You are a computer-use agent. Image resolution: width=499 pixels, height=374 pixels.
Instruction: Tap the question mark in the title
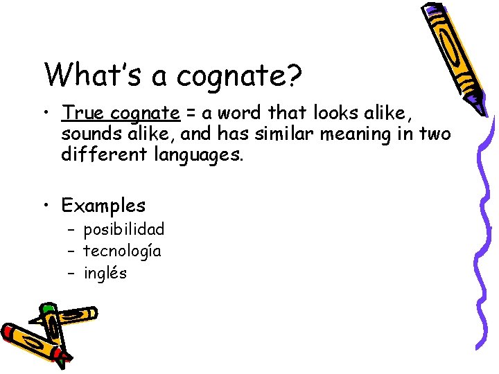click(293, 75)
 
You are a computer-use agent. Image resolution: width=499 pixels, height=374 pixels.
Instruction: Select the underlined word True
click(83, 112)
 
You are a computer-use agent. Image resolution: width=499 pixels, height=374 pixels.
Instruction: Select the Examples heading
click(103, 205)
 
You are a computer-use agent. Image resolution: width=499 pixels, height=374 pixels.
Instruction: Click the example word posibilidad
click(124, 229)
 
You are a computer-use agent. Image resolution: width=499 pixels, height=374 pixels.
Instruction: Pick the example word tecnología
click(122, 251)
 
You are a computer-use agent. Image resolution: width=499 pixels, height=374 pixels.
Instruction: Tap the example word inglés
click(105, 273)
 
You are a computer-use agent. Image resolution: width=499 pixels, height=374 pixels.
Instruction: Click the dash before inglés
click(72, 273)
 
